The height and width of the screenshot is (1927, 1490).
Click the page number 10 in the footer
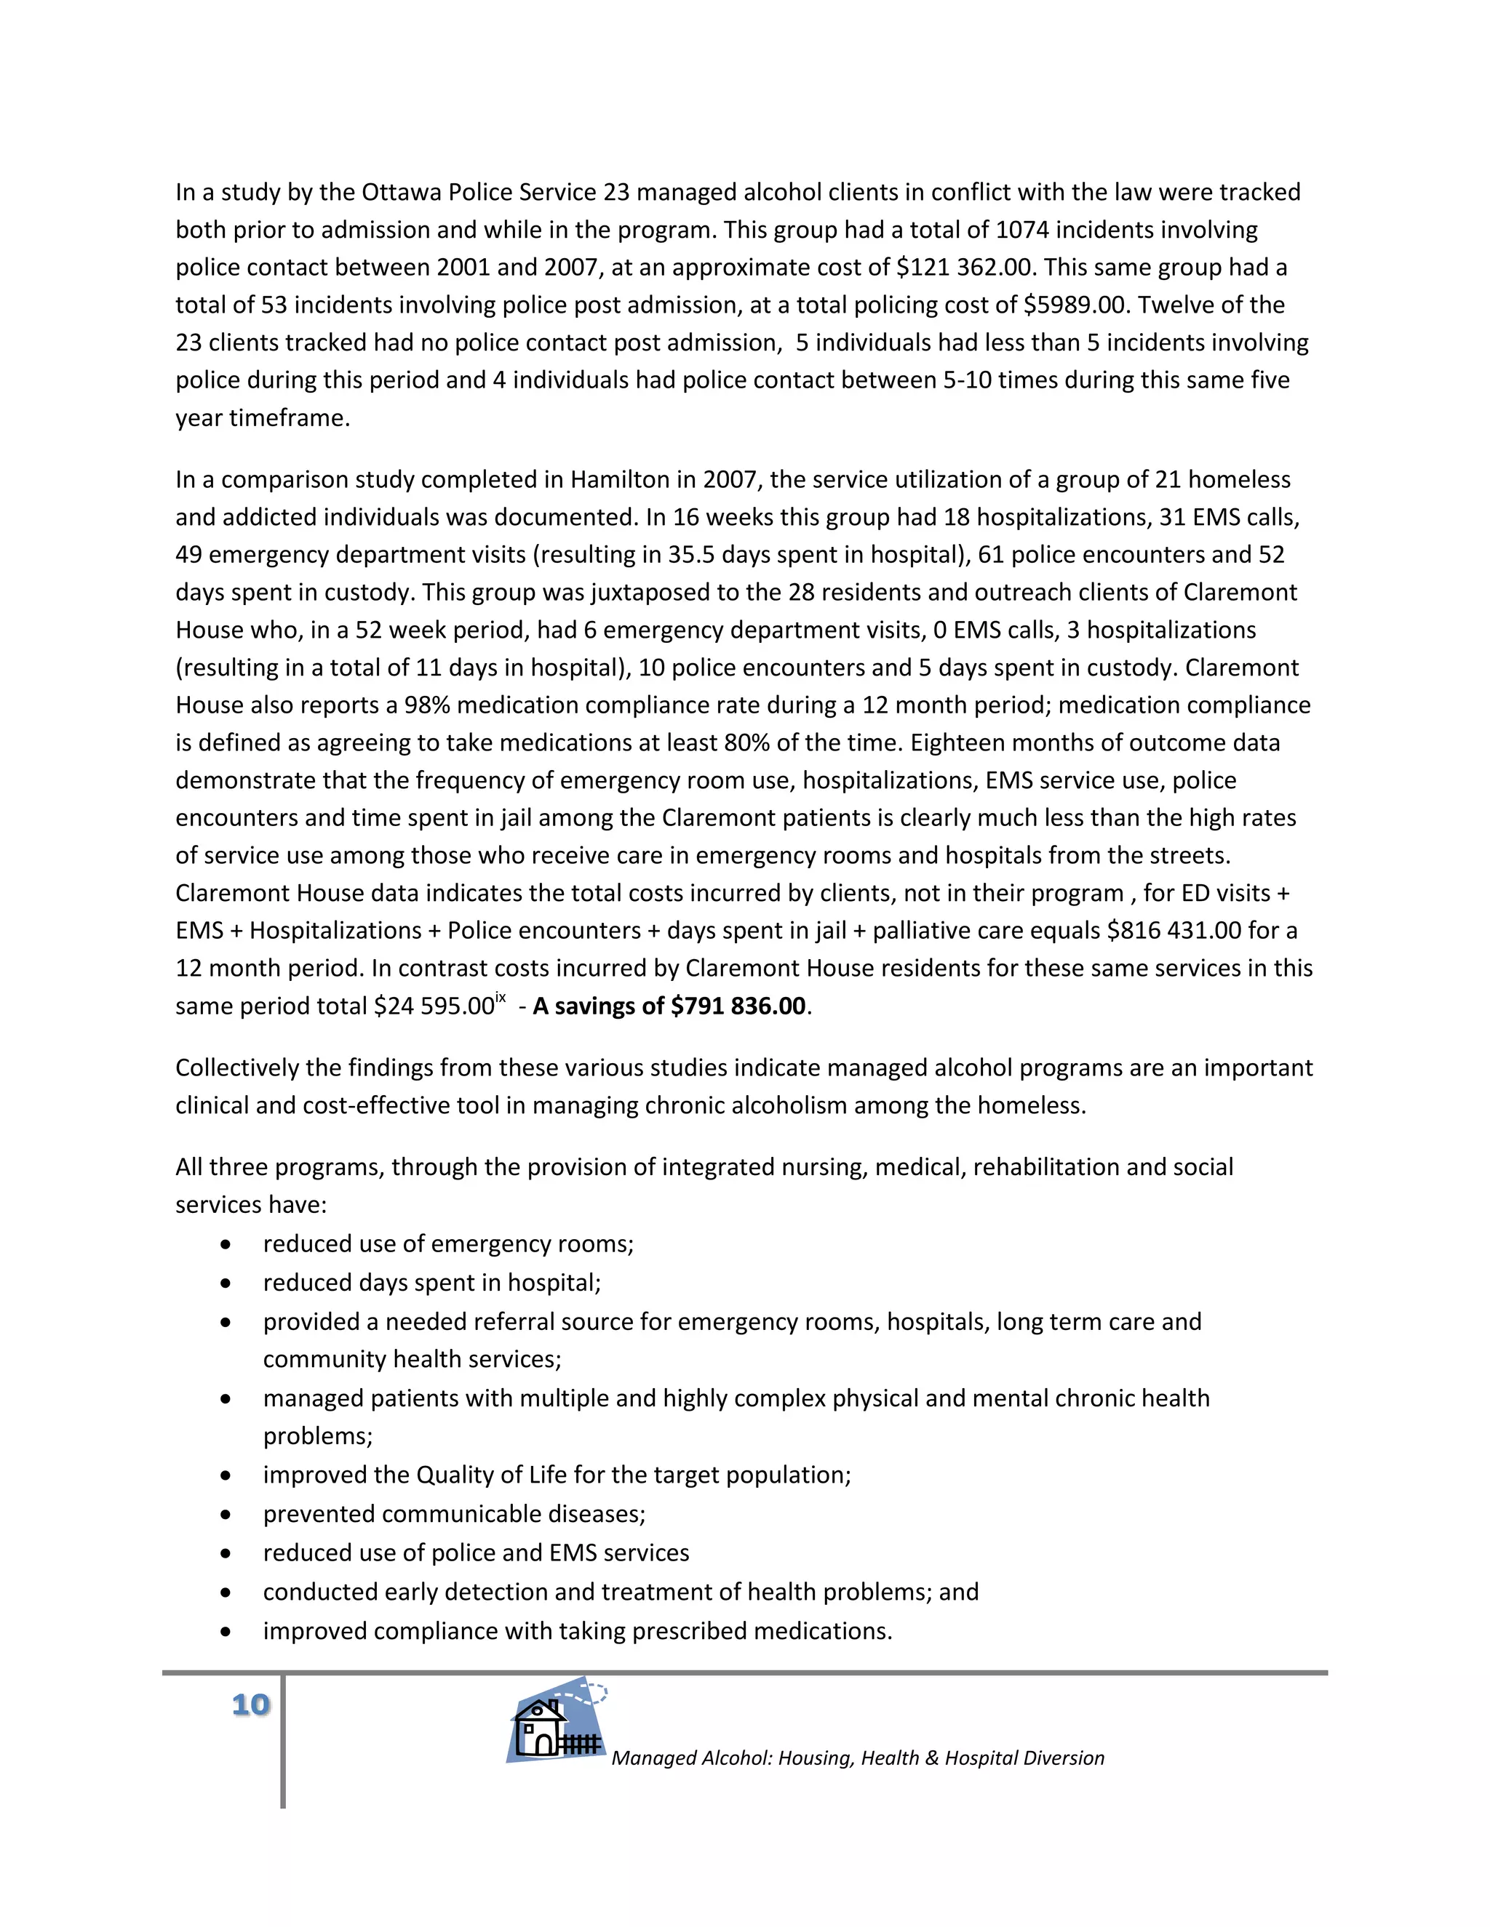(251, 1704)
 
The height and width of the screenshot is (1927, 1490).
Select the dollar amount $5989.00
(1075, 305)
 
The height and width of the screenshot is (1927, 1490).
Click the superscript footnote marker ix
(501, 998)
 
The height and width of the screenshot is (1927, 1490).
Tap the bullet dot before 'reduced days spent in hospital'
(227, 1283)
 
